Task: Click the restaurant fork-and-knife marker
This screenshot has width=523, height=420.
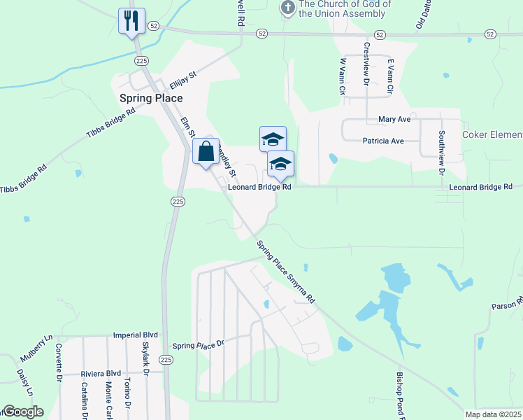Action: [131, 21]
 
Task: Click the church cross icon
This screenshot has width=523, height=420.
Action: [287, 8]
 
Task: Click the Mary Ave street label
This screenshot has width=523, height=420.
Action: [394, 120]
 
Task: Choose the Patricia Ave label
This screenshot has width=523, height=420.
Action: [383, 141]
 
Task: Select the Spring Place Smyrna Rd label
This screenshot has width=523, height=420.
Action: [285, 272]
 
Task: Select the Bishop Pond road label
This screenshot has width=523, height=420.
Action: [401, 395]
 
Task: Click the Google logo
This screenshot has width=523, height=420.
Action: [22, 412]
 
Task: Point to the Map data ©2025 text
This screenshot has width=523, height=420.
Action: [493, 414]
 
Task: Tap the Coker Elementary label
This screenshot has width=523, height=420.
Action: [492, 134]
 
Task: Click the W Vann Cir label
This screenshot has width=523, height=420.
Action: [343, 77]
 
